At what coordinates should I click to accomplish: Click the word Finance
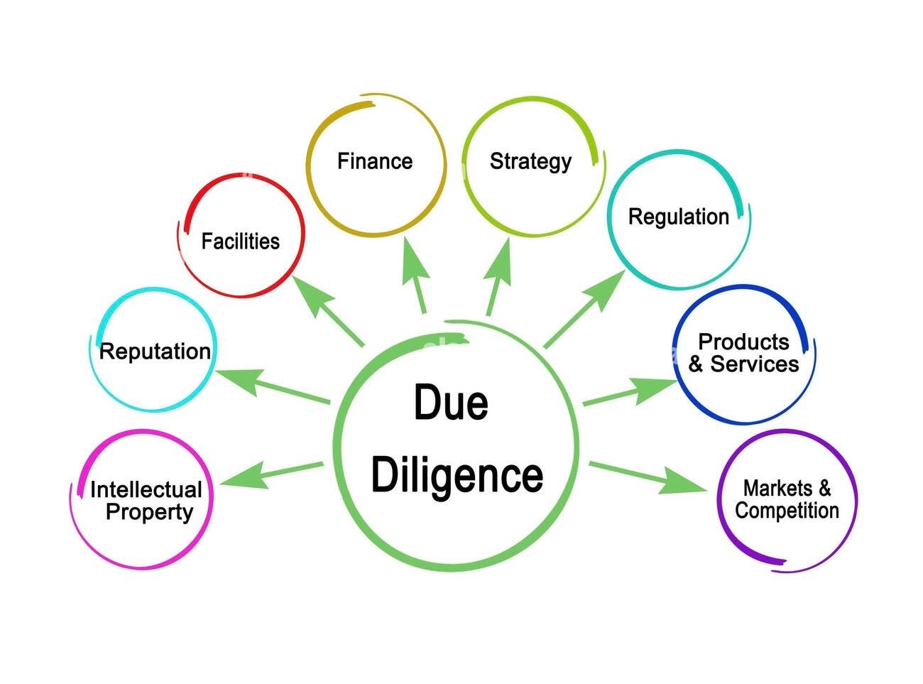(x=375, y=161)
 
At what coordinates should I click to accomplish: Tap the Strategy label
(x=530, y=162)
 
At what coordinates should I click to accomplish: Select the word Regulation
(x=679, y=217)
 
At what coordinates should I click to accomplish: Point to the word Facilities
(x=241, y=241)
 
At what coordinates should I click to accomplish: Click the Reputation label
(x=155, y=352)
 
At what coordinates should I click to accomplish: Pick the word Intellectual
(x=146, y=489)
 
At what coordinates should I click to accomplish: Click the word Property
(x=149, y=512)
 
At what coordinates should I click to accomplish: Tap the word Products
(x=743, y=342)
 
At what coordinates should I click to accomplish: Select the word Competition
(x=787, y=511)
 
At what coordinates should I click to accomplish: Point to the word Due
(x=451, y=403)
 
